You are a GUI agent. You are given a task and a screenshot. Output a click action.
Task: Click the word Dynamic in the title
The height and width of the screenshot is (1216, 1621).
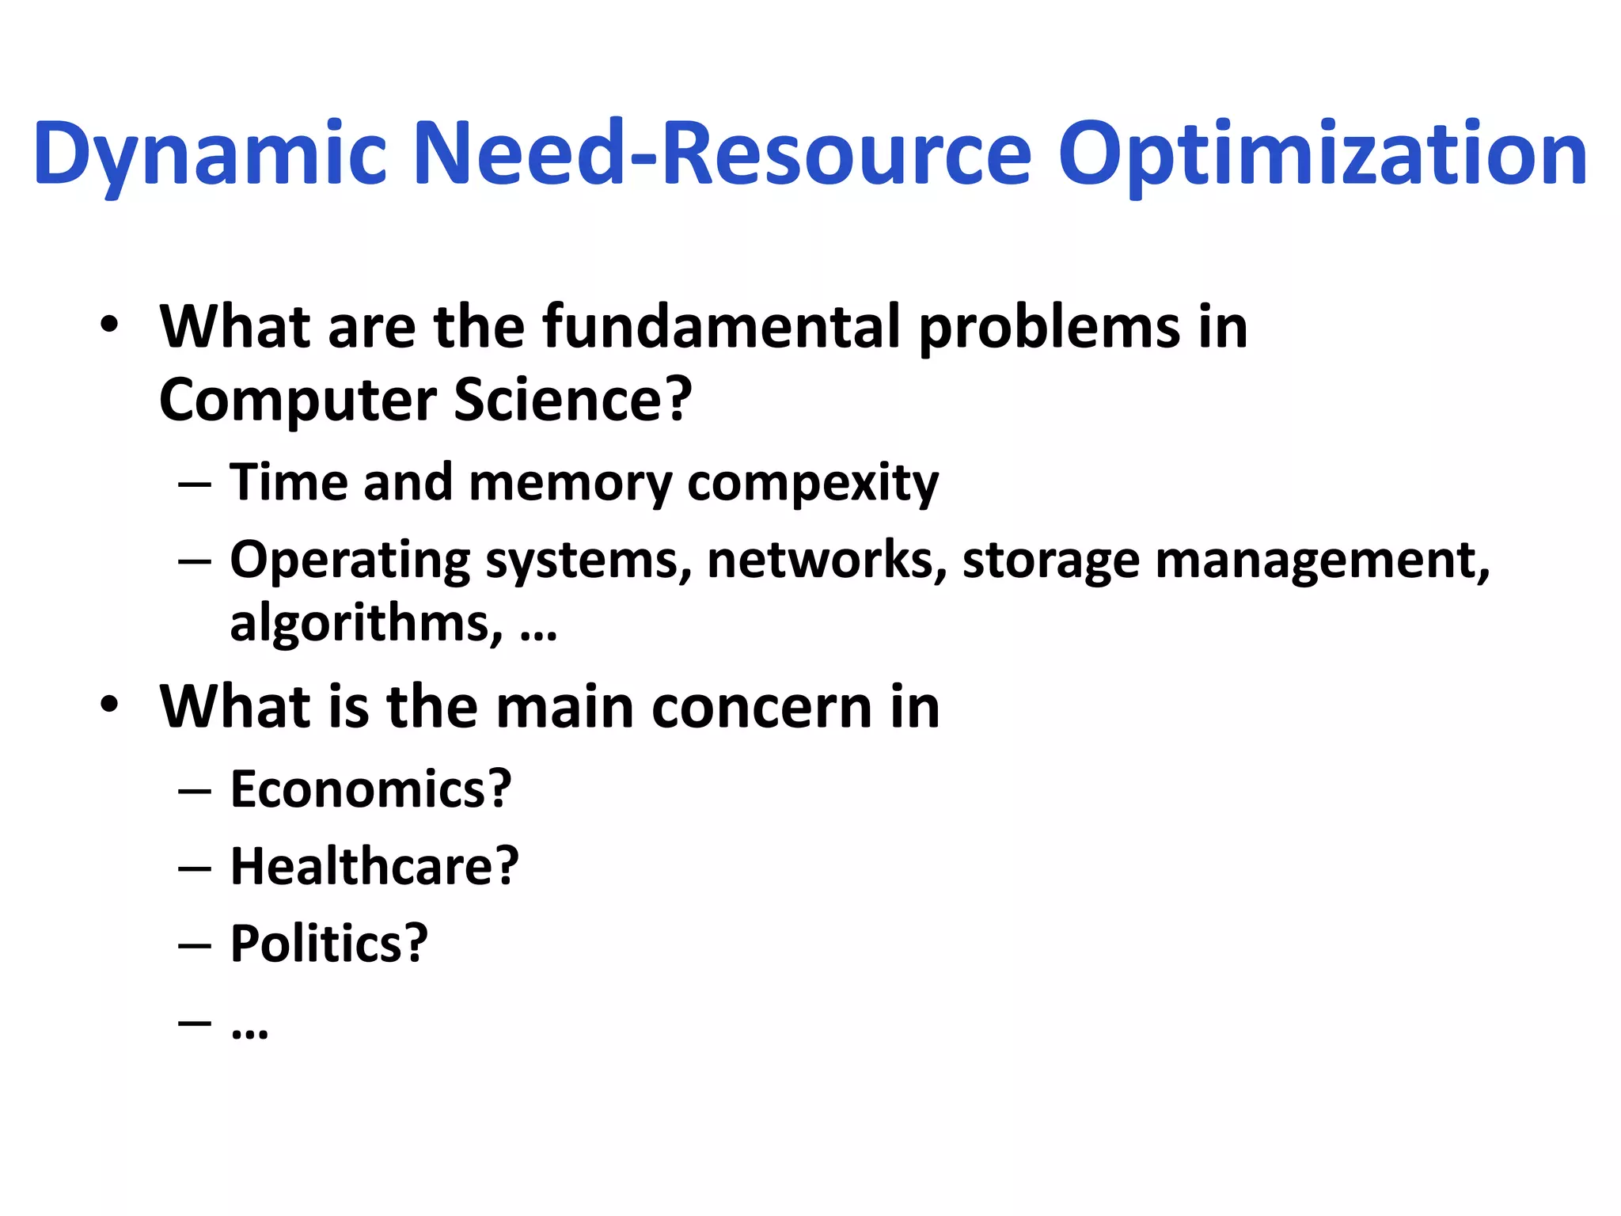(x=210, y=154)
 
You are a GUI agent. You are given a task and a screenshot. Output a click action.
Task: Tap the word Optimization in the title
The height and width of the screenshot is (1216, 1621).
(x=1322, y=154)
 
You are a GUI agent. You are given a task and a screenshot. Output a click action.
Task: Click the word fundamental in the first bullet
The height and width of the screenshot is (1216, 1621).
(x=721, y=326)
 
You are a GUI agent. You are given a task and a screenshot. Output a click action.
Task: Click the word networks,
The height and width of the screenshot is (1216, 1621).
(x=826, y=560)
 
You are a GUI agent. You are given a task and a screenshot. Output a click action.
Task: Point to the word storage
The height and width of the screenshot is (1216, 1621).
(x=1050, y=560)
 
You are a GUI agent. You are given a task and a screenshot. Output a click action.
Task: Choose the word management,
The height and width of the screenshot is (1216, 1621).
(x=1322, y=560)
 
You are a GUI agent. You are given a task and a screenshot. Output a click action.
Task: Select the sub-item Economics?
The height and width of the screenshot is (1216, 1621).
(x=370, y=789)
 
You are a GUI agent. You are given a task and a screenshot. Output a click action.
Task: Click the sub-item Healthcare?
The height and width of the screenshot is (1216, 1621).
(x=374, y=866)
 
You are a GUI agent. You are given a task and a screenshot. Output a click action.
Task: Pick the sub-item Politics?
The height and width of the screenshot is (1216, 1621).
(x=328, y=944)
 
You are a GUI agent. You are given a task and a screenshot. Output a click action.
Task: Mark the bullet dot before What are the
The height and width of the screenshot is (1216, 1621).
(x=109, y=324)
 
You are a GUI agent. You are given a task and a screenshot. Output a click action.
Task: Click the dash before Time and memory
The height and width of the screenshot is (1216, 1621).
(x=195, y=483)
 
